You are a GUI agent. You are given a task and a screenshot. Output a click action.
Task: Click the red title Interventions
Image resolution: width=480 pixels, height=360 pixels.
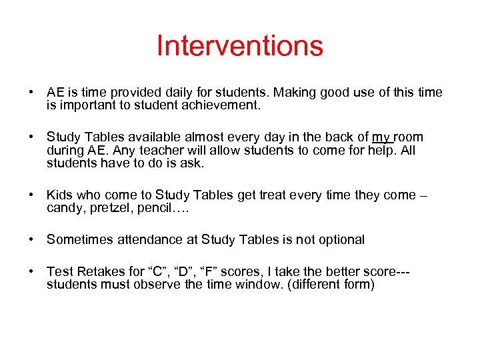coord(240,46)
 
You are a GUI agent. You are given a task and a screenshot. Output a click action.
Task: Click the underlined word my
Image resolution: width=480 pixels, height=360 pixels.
coord(382,137)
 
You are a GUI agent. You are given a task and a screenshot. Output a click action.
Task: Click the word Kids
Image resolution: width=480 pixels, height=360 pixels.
coord(61,195)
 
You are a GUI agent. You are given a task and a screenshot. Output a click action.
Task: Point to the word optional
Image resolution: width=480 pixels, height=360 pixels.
coord(339,239)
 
